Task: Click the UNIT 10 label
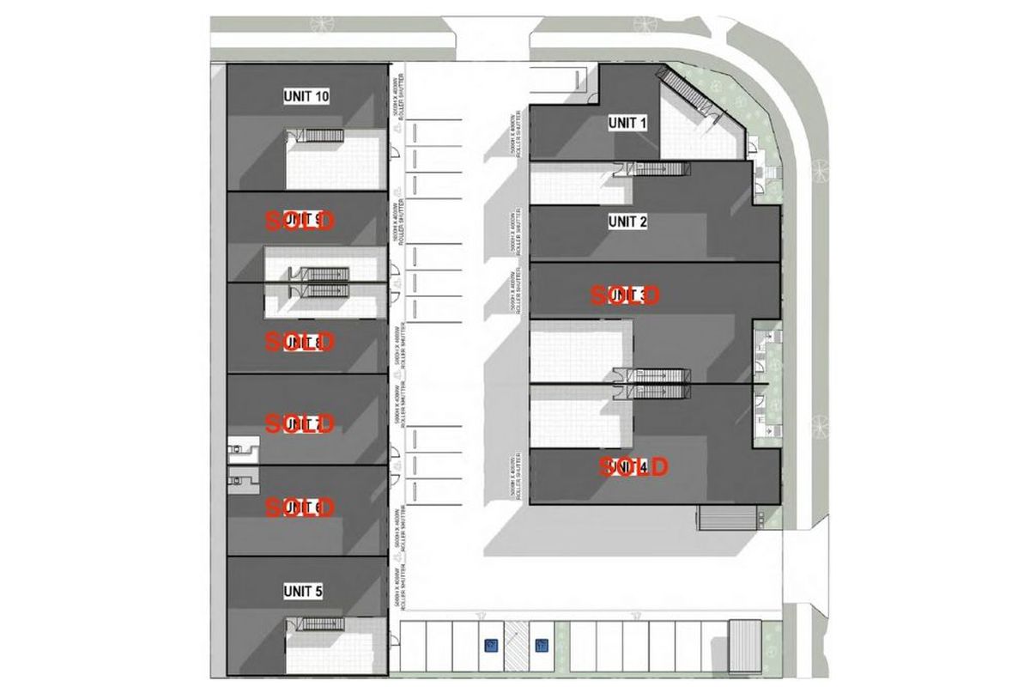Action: tap(306, 96)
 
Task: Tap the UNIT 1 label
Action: tap(627, 123)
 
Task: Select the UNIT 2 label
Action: tap(627, 222)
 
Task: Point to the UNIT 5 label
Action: tap(303, 591)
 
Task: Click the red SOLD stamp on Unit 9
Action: tap(299, 221)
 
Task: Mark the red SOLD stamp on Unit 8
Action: tap(299, 343)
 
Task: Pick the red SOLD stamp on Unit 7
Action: tap(299, 423)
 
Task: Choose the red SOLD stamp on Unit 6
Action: tap(299, 508)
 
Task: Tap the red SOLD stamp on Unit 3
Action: tap(625, 295)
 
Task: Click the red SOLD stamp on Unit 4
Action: tap(633, 467)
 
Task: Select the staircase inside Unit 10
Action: tap(324, 135)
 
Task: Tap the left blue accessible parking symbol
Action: tap(490, 643)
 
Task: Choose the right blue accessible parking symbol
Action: tap(541, 643)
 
